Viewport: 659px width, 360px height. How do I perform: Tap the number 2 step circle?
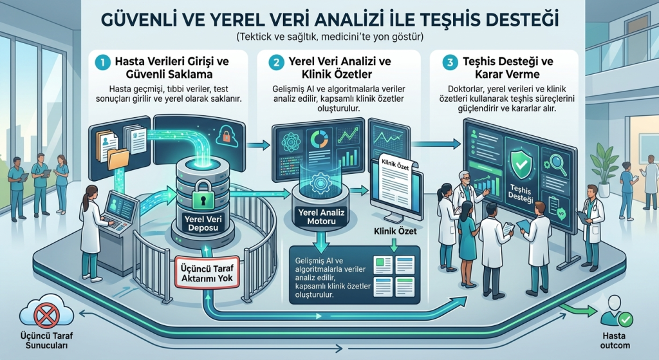277,62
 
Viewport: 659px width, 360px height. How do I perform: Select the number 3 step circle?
450,62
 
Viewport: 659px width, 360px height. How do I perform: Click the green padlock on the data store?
203,195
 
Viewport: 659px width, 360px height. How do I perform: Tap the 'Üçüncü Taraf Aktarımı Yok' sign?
207,273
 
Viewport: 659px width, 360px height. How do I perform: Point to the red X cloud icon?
46,314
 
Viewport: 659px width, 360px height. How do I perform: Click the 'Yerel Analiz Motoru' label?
321,216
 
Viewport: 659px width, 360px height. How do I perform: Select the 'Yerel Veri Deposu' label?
203,223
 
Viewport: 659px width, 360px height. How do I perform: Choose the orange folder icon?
118,159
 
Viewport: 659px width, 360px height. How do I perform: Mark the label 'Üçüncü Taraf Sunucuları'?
46,341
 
